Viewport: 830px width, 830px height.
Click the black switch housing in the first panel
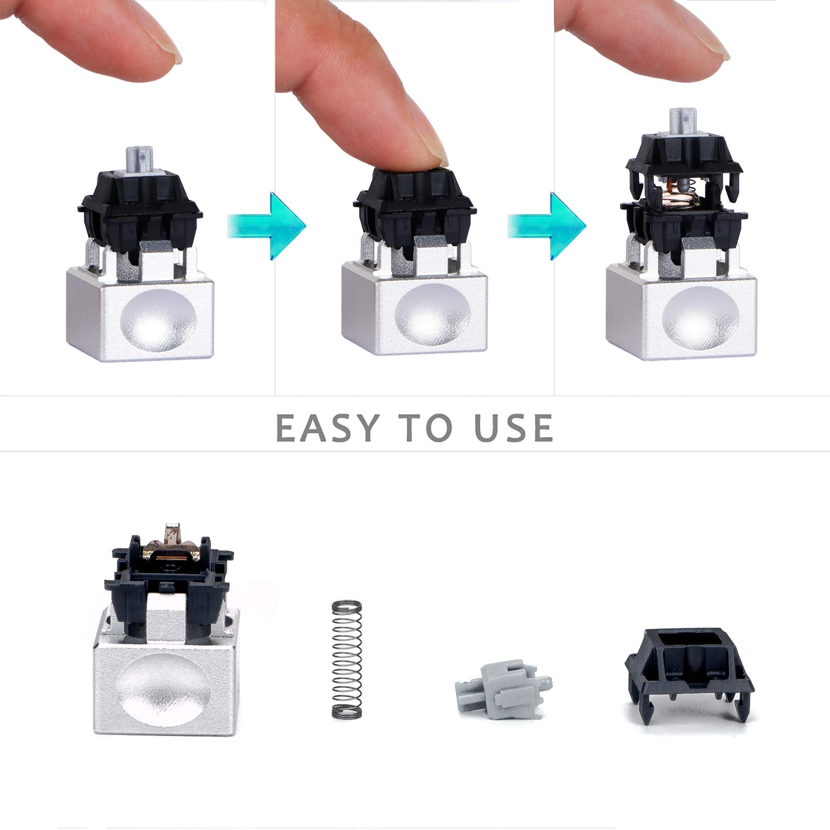coord(141,208)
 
